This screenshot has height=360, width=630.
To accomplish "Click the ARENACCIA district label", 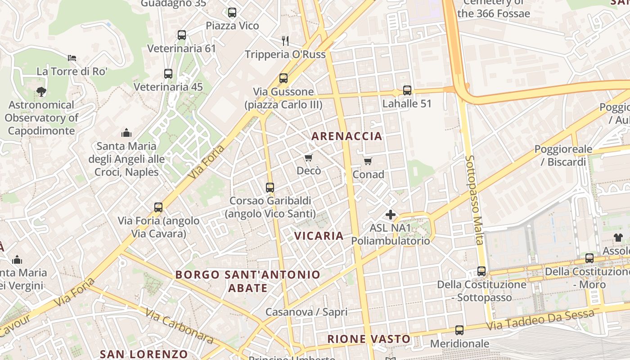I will pyautogui.click(x=346, y=136).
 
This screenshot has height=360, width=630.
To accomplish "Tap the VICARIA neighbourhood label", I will pyautogui.click(x=319, y=236).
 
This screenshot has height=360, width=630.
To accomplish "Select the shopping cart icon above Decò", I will pyautogui.click(x=308, y=157).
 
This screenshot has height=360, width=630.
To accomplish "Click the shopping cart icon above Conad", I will pyautogui.click(x=368, y=161).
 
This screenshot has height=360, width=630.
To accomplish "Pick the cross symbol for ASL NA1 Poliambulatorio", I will pyautogui.click(x=390, y=215).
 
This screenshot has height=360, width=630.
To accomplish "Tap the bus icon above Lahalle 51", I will pyautogui.click(x=407, y=90).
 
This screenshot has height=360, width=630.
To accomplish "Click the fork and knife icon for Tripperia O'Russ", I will pyautogui.click(x=285, y=41).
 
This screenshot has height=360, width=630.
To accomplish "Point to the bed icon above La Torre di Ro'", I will pyautogui.click(x=72, y=58).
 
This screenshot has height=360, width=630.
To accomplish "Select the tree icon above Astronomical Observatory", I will pyautogui.click(x=41, y=92).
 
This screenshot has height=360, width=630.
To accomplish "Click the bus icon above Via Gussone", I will pyautogui.click(x=283, y=78).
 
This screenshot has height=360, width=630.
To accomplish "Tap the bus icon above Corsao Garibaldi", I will pyautogui.click(x=270, y=187).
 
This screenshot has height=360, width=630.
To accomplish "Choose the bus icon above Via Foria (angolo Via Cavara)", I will pyautogui.click(x=158, y=207).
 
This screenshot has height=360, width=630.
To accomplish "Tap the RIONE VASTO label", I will pyautogui.click(x=369, y=339).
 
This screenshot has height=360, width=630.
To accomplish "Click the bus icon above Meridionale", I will pyautogui.click(x=459, y=330).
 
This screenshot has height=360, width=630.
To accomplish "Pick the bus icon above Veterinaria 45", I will pyautogui.click(x=168, y=74).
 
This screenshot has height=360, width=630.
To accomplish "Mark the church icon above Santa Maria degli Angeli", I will pyautogui.click(x=126, y=133).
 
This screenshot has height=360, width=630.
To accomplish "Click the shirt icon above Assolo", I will pyautogui.click(x=618, y=237).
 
